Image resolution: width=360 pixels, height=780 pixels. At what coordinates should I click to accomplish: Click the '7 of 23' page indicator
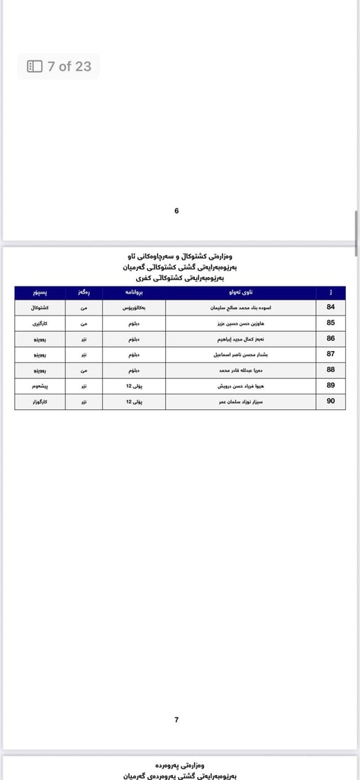[69, 67]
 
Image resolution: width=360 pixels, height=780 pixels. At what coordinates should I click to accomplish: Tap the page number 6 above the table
[176, 211]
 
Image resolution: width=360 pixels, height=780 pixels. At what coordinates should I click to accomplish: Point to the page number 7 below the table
[176, 720]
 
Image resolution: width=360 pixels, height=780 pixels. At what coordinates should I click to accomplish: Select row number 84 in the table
[330, 307]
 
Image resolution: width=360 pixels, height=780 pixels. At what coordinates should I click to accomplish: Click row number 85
[330, 323]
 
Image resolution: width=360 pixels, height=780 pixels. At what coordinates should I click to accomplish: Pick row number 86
[330, 338]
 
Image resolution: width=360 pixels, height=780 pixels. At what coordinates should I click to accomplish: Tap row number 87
[330, 354]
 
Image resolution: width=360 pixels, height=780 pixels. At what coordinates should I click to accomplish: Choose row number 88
[330, 369]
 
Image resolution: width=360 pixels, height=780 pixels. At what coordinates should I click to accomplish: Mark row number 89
[330, 386]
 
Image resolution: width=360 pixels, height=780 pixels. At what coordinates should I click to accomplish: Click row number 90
[330, 401]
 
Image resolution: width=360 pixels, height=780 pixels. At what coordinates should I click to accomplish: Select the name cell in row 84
[240, 307]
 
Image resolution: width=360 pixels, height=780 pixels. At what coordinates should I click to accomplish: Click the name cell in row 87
[240, 354]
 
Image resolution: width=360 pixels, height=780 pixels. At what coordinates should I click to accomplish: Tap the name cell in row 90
[240, 401]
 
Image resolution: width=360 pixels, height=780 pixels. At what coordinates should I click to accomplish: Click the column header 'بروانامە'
[134, 292]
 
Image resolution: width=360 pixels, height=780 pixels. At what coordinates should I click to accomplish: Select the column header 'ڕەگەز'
[84, 292]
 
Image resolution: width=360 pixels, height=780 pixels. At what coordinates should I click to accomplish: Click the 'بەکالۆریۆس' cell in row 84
[134, 307]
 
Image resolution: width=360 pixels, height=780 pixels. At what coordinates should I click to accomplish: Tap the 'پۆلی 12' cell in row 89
[134, 386]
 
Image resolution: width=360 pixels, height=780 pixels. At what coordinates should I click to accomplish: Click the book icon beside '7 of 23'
[35, 67]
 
